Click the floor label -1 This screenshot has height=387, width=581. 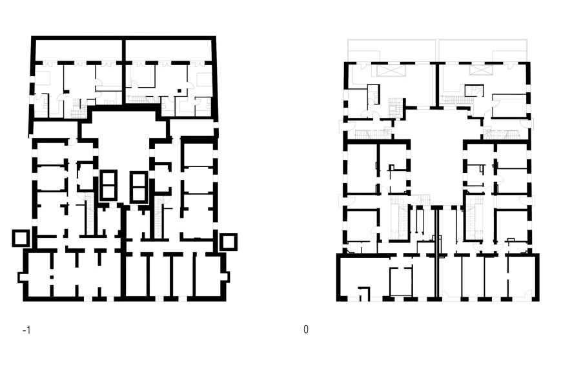(x=26, y=330)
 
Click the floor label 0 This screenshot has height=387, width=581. (x=306, y=329)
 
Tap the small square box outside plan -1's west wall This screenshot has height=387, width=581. (x=21, y=238)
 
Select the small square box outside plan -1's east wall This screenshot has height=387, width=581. (x=228, y=242)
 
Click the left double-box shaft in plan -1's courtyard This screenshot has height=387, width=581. (x=108, y=186)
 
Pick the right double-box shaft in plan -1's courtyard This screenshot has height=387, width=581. (x=139, y=187)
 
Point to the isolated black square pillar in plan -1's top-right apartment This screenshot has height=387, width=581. (x=179, y=90)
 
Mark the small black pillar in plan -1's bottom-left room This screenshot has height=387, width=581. (x=52, y=277)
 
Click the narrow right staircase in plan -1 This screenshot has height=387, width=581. (x=159, y=218)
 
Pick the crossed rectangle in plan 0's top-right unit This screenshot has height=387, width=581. (x=480, y=70)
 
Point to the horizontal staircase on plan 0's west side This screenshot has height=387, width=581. (x=372, y=134)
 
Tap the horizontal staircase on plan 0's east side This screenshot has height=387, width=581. (x=502, y=134)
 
